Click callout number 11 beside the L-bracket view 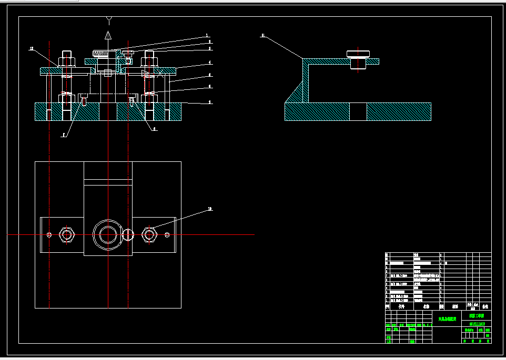262,36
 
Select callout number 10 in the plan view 210,209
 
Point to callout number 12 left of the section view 32,48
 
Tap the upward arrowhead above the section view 108,35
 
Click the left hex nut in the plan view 66,234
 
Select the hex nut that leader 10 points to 149,234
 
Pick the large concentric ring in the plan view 108,234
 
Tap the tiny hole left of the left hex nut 49,234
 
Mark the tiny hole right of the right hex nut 167,234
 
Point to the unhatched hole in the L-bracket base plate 358,111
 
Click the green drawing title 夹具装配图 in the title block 447,318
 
